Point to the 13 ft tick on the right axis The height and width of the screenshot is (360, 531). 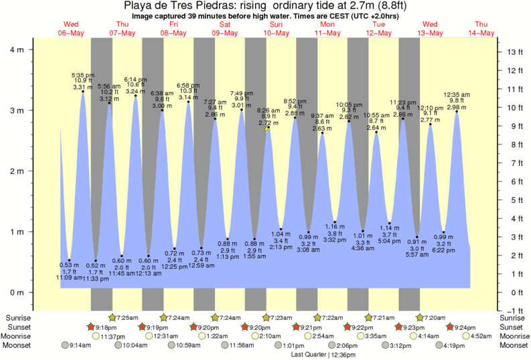(x=514, y=52)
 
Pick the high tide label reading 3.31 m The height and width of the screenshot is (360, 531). (x=82, y=87)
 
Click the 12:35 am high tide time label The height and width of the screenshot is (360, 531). (x=458, y=94)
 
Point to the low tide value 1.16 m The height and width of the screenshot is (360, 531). (x=334, y=226)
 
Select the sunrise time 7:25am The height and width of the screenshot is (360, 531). (x=127, y=317)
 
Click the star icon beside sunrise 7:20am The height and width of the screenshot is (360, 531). (x=421, y=317)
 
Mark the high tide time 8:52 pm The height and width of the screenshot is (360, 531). (x=295, y=100)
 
